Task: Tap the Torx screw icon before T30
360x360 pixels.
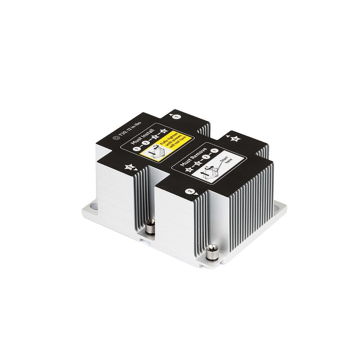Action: tap(115, 137)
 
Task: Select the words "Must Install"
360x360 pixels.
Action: tap(143, 136)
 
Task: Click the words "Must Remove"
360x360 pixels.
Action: tap(193, 157)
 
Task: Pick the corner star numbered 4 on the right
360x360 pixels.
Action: tap(235, 139)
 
